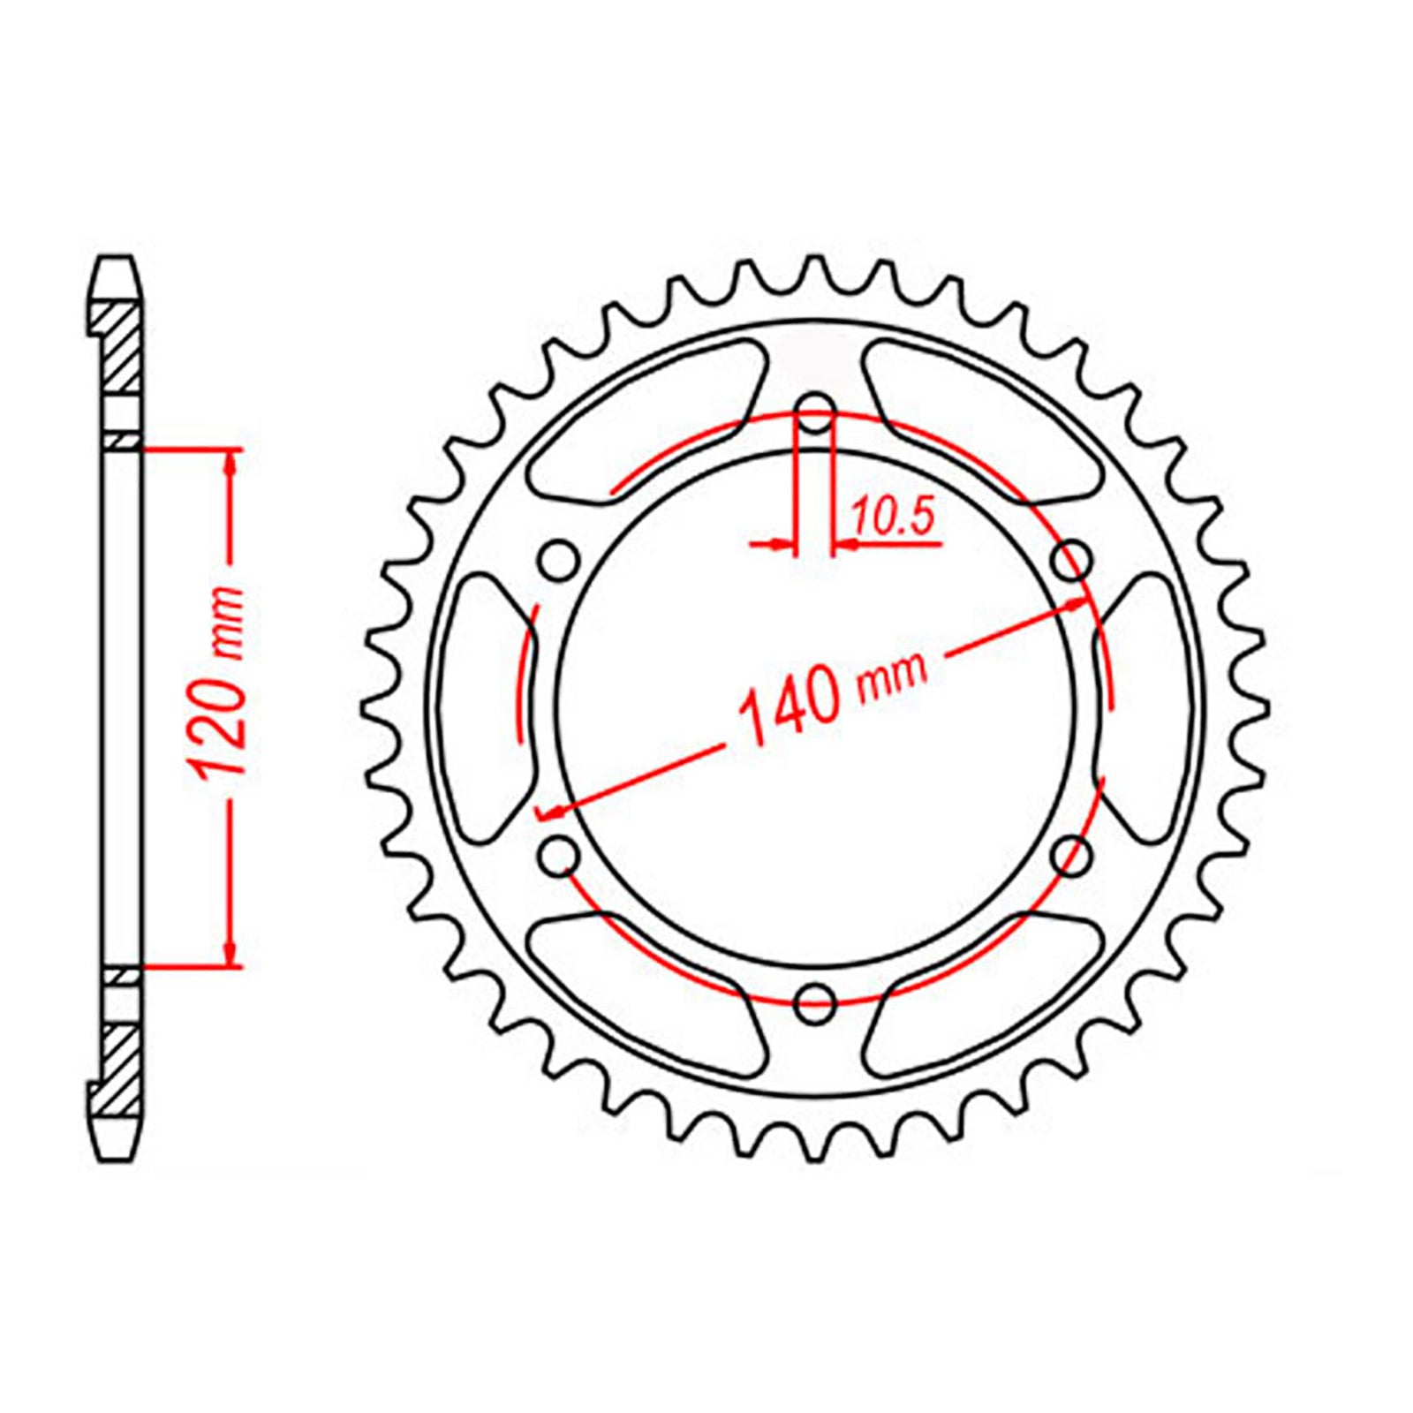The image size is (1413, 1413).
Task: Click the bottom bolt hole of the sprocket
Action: (x=815, y=1001)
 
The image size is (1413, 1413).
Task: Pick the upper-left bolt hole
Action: (x=558, y=562)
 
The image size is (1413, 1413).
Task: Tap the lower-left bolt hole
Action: (x=558, y=854)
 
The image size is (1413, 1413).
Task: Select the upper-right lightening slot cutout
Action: (x=985, y=415)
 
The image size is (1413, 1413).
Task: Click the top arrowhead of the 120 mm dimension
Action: (x=231, y=459)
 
